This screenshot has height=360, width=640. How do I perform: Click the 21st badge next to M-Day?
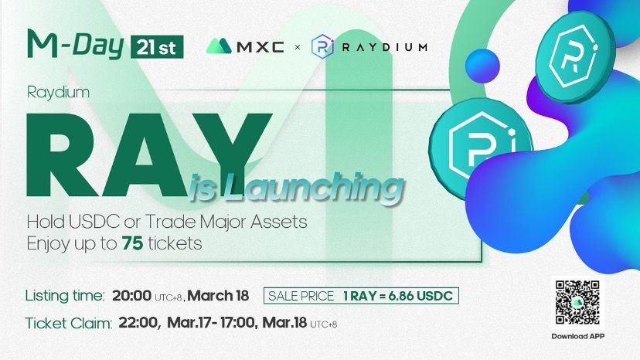tap(157, 47)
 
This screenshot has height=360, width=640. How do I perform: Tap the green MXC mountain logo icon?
tap(220, 46)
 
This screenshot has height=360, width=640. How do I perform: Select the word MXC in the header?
tap(260, 47)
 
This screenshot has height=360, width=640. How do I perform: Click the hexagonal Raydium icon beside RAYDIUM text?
tap(322, 46)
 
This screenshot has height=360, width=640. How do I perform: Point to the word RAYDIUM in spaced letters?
tap(384, 47)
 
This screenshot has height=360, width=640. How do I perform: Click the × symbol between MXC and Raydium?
tap(298, 47)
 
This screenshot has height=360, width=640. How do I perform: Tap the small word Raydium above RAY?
tap(58, 93)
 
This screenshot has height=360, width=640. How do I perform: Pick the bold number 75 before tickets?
tap(132, 243)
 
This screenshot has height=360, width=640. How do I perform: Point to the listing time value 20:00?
tap(132, 296)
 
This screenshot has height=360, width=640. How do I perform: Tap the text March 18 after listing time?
tap(218, 296)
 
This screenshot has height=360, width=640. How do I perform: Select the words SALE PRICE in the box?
tap(301, 296)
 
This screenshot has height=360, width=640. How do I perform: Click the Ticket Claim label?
tap(69, 324)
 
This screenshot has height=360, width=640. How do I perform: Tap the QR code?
tap(577, 303)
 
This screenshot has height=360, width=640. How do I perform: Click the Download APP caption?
tap(577, 336)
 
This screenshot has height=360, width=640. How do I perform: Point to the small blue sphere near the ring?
tap(482, 66)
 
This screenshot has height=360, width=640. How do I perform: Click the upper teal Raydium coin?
tap(576, 55)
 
